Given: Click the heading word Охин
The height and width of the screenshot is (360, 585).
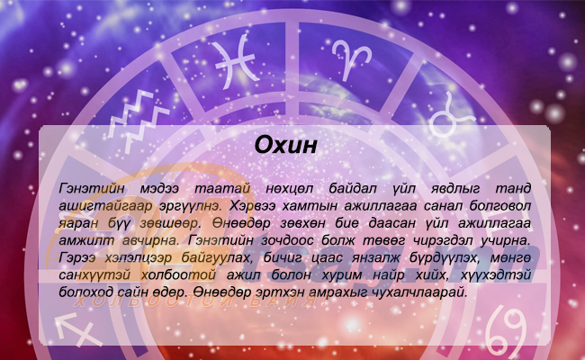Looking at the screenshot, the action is (x=286, y=145).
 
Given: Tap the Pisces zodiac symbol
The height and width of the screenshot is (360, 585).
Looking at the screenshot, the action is (x=236, y=61).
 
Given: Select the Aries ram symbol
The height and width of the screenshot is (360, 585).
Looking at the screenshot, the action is (x=351, y=58).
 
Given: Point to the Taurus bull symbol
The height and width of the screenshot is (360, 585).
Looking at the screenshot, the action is (x=451, y=114).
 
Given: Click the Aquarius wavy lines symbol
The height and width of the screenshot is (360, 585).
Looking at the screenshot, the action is (x=139, y=120).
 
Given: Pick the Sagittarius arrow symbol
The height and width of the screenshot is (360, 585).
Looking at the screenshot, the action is (x=78, y=328).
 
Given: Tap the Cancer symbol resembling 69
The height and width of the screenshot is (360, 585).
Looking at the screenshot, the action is (x=506, y=331).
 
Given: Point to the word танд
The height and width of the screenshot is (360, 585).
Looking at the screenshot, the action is (x=513, y=188).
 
